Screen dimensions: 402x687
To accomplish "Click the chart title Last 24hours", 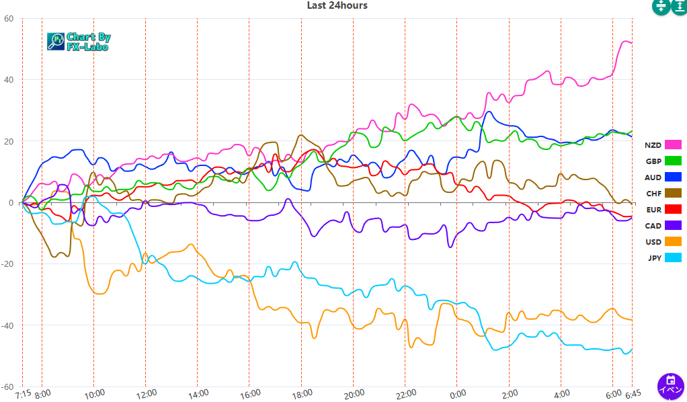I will (337, 5).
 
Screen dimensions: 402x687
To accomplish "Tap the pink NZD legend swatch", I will (673, 145).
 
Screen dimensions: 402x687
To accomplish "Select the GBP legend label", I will (653, 161).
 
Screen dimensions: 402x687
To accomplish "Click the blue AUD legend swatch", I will (673, 177).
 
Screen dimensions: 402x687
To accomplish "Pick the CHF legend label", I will (653, 194).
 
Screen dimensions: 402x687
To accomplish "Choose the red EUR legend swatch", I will (673, 209).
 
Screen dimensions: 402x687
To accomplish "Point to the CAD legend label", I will (653, 226).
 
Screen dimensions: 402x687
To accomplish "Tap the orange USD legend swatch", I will (673, 241).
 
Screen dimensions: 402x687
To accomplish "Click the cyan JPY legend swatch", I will (673, 257).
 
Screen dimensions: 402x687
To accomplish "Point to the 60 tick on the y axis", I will (9, 19).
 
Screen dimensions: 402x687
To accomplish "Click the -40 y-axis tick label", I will (7, 326).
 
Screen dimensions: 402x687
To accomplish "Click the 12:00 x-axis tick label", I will (146, 393).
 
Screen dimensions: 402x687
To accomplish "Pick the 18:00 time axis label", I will (302, 393).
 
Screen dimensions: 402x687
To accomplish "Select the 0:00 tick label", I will (458, 393).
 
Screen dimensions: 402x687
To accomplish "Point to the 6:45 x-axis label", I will (633, 393).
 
